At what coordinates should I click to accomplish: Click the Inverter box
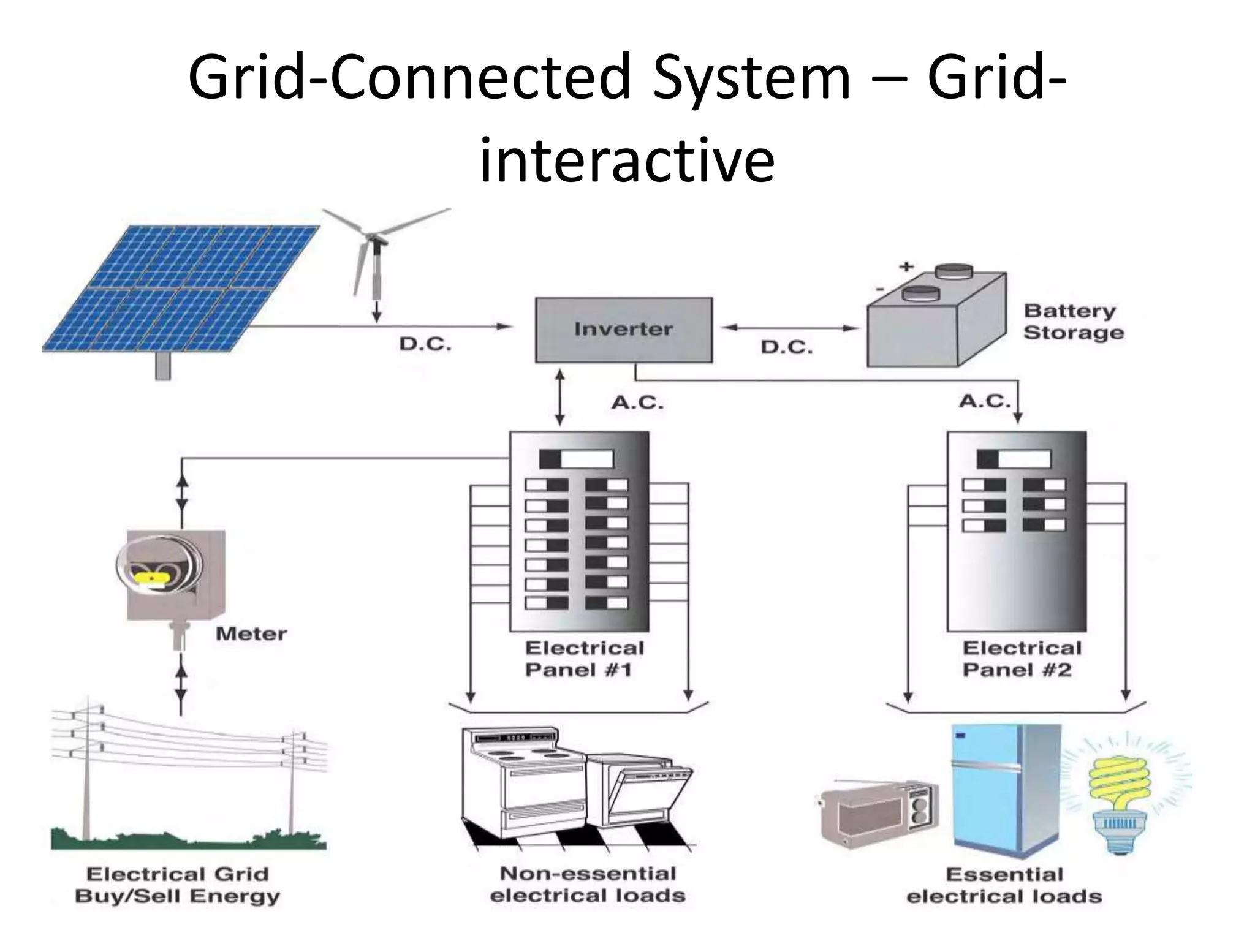click(x=623, y=330)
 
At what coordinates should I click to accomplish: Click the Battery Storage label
click(x=1073, y=322)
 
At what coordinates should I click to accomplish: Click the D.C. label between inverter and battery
click(x=786, y=348)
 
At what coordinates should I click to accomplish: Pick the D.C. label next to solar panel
click(x=425, y=344)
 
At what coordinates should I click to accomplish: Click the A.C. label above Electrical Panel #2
click(x=984, y=401)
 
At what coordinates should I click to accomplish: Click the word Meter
click(x=251, y=633)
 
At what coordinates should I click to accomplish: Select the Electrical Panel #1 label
click(x=584, y=659)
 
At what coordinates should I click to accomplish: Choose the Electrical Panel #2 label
click(x=1022, y=659)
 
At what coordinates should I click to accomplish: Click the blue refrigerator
click(x=1005, y=790)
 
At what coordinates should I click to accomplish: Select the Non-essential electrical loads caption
click(x=587, y=885)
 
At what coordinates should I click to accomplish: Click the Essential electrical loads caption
click(x=1004, y=885)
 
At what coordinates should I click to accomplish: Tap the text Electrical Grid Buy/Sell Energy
click(x=177, y=885)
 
